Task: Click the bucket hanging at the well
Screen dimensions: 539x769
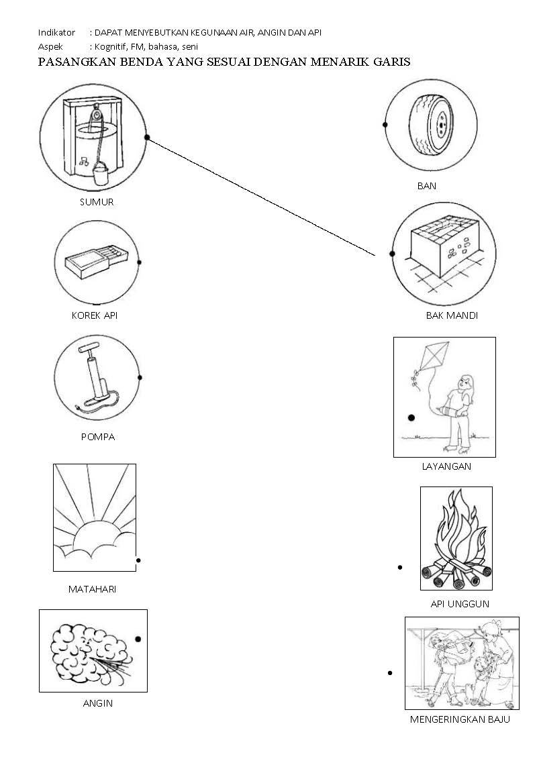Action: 100,172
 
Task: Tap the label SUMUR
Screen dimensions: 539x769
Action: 97,202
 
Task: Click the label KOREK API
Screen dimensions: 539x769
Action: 95,315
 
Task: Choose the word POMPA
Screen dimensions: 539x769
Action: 98,437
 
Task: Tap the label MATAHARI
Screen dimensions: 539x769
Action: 92,590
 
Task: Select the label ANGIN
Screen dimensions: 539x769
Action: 98,703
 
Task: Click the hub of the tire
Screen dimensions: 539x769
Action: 440,125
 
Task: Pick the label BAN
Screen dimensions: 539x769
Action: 427,186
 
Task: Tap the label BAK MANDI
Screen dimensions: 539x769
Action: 452,315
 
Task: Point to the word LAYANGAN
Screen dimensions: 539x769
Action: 446,466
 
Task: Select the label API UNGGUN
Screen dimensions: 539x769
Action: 460,604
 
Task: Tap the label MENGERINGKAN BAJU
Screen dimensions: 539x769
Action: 460,719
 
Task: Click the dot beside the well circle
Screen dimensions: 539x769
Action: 146,138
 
